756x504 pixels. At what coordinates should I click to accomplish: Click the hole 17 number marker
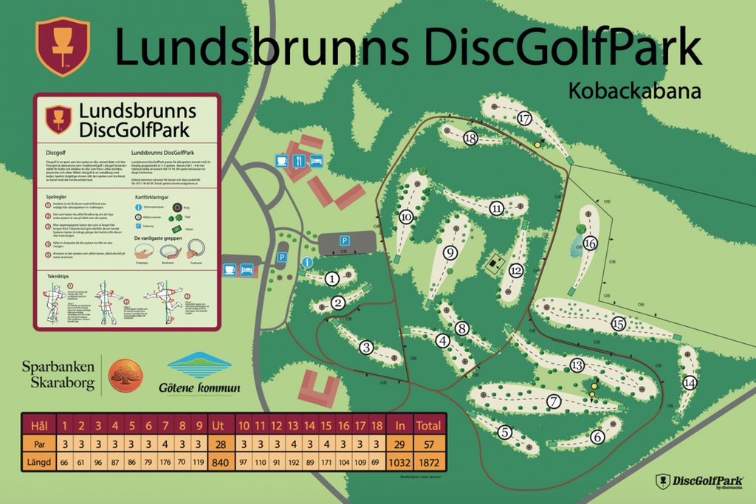click(x=525, y=118)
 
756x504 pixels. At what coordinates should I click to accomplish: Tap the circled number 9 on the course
click(x=450, y=253)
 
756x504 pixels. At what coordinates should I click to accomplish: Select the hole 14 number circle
click(x=690, y=383)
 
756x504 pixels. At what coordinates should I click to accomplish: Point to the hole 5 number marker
click(x=505, y=432)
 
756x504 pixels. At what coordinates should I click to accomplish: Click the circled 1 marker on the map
click(x=332, y=278)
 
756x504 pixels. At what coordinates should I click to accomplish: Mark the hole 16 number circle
click(x=589, y=243)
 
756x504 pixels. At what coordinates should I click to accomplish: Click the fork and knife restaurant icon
click(x=298, y=160)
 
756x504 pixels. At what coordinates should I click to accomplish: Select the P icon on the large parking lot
click(x=343, y=241)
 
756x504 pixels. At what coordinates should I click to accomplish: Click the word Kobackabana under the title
click(x=634, y=90)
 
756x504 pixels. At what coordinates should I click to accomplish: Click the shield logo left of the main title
click(x=62, y=46)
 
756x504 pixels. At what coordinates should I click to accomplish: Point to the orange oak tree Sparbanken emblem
click(x=125, y=375)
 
